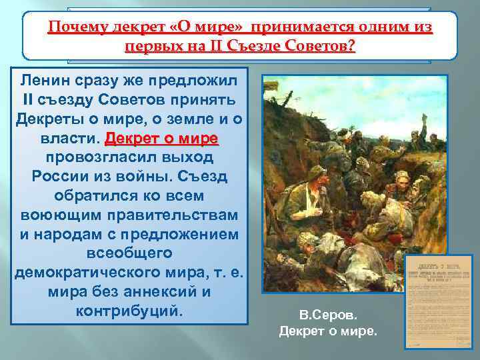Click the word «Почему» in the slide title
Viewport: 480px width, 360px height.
coord(73,29)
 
